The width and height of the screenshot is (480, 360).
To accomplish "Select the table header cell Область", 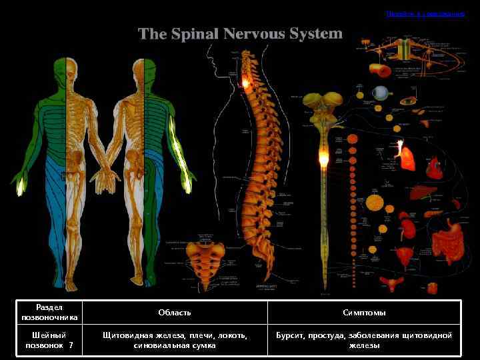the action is coord(175,313).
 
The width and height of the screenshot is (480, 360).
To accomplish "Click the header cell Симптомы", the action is coord(364,313).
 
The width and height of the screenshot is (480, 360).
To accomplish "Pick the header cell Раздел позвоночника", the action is coord(49,313).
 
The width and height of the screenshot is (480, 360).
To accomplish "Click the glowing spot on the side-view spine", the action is coord(246,83).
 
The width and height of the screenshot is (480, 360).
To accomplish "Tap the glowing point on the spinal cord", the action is coord(324,159).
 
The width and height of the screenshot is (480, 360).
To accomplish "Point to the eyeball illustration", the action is coord(382,93).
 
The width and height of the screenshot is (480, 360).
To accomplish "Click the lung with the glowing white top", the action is coord(405,155).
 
